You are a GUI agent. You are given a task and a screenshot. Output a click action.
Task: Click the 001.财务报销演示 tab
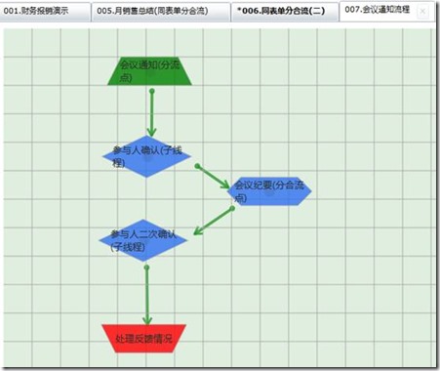(x=44, y=12)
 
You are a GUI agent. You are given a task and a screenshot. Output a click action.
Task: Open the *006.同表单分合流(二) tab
(x=281, y=12)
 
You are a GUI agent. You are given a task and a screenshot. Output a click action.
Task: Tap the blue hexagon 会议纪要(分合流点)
(x=269, y=190)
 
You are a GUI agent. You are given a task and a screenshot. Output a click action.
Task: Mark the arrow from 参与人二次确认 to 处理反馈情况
(x=147, y=293)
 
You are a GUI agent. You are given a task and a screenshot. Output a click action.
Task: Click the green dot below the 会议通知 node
(x=153, y=92)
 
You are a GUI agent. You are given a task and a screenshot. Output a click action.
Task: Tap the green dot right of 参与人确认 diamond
(x=198, y=167)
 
